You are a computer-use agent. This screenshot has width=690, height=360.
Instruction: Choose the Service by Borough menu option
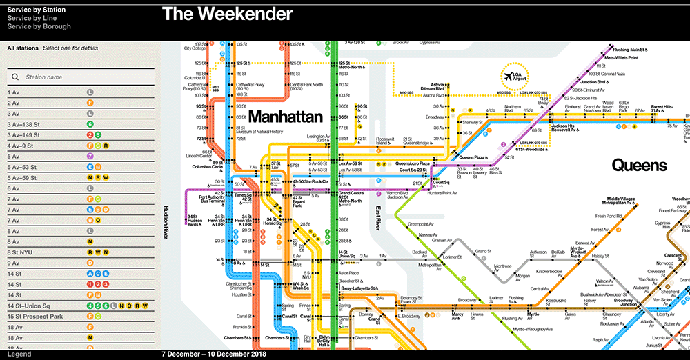pos(39,27)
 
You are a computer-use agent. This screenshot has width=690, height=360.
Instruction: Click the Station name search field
pos(83,77)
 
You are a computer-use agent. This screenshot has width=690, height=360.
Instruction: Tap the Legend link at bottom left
pos(19,354)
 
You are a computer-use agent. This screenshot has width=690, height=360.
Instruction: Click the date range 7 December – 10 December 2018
pos(214,354)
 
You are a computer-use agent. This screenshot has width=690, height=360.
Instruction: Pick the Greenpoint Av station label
pos(421,224)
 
